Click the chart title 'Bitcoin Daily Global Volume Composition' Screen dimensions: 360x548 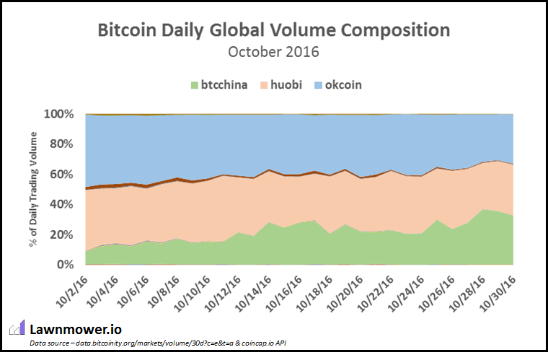click(x=273, y=30)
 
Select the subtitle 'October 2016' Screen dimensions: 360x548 click(x=273, y=52)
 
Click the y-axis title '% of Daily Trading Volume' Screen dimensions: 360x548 click(x=33, y=189)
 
